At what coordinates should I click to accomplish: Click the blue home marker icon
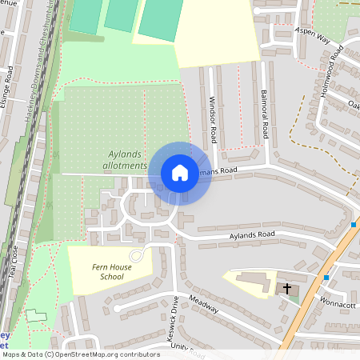(x=179, y=172)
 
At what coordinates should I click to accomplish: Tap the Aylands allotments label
(x=126, y=160)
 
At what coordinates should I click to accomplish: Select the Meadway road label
(x=204, y=306)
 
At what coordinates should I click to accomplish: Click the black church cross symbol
(x=287, y=288)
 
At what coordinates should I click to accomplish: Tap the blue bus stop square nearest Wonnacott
(x=326, y=278)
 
